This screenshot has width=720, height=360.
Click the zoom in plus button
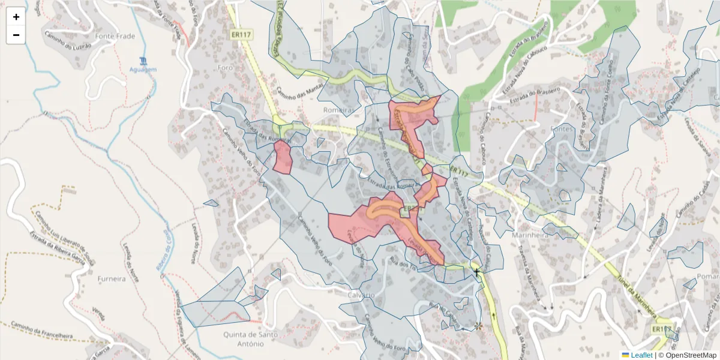coord(16,17)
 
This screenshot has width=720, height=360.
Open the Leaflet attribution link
coord(641,355)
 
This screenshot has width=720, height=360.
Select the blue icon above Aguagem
coord(143,61)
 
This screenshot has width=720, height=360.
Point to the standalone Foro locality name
coord(225,67)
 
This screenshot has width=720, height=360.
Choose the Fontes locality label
coord(562,128)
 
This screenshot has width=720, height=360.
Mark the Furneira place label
coord(112,279)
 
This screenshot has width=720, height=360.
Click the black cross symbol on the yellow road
coord(477,274)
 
